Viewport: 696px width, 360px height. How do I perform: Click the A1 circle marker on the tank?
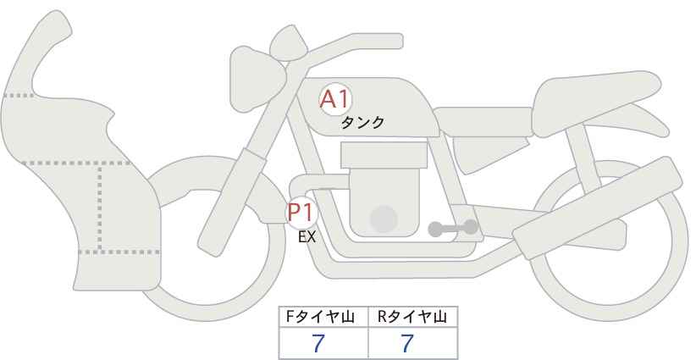(x=334, y=100)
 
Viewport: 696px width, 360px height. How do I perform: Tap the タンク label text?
(x=362, y=123)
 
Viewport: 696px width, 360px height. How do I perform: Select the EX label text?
(x=307, y=237)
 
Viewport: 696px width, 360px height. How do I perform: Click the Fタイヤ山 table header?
(x=324, y=317)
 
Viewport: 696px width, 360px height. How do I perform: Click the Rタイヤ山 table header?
(x=412, y=317)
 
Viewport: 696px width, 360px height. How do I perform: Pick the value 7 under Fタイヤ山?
(x=318, y=343)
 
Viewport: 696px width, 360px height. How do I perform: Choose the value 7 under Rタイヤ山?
(x=408, y=343)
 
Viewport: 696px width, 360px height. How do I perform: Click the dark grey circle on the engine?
(x=384, y=219)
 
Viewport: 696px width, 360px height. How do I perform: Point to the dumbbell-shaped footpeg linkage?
(x=453, y=227)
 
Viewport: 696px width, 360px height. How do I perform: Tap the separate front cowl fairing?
(x=76, y=169)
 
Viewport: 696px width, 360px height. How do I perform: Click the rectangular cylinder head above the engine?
(x=383, y=155)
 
